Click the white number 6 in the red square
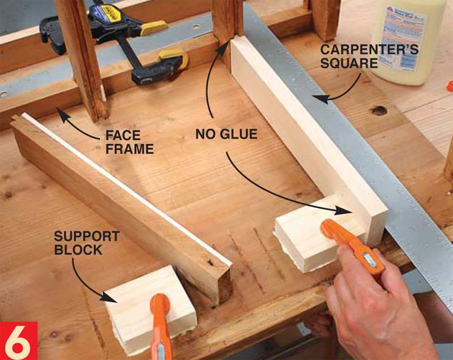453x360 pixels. [18, 342]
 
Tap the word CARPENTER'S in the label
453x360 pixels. [369, 50]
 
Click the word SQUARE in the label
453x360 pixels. [349, 63]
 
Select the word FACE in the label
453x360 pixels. [123, 135]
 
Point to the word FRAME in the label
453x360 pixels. [130, 149]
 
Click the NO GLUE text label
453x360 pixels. [226, 134]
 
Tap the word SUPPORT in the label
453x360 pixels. [87, 236]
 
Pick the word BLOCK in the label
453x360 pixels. [78, 250]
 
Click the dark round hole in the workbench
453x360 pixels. [379, 110]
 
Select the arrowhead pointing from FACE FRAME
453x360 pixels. [63, 114]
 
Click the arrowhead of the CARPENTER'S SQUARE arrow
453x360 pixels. [321, 99]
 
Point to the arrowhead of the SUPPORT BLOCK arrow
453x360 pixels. [109, 297]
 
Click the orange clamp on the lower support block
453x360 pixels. [160, 326]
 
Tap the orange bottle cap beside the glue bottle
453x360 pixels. [450, 86]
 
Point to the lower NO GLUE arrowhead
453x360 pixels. [344, 211]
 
